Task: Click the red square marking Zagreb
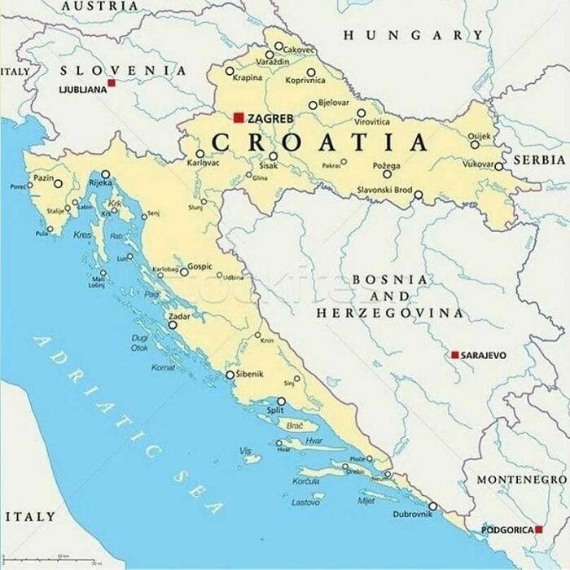[239, 118]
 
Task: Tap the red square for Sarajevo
[455, 355]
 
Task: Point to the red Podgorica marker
[538, 529]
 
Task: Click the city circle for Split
[281, 401]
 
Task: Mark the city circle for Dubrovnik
[432, 506]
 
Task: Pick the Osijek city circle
[475, 144]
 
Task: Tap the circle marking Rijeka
[105, 174]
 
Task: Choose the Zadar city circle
[173, 325]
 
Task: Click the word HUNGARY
[412, 35]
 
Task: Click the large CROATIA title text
[319, 142]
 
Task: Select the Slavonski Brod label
[384, 190]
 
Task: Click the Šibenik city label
[249, 374]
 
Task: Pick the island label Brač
[296, 425]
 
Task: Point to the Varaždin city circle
[270, 55]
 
